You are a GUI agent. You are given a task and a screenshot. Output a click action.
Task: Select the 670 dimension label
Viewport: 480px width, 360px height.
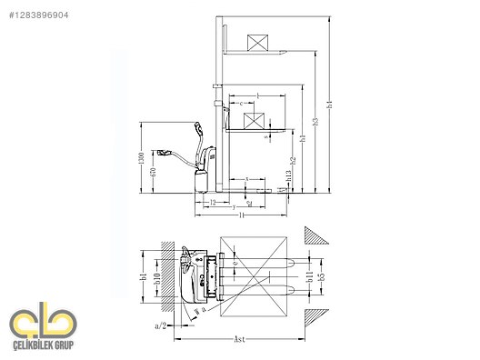(x=155, y=172)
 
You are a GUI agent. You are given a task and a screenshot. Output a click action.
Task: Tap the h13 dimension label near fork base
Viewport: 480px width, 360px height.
(x=288, y=183)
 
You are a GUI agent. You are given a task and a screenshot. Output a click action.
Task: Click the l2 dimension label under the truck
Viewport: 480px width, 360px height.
(x=212, y=204)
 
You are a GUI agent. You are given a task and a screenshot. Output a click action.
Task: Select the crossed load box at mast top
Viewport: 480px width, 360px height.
(x=258, y=43)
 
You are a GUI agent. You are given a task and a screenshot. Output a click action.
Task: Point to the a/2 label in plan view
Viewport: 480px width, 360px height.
(x=160, y=325)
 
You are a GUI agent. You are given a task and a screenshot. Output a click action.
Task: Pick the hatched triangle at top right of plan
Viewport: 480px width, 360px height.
(x=319, y=235)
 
